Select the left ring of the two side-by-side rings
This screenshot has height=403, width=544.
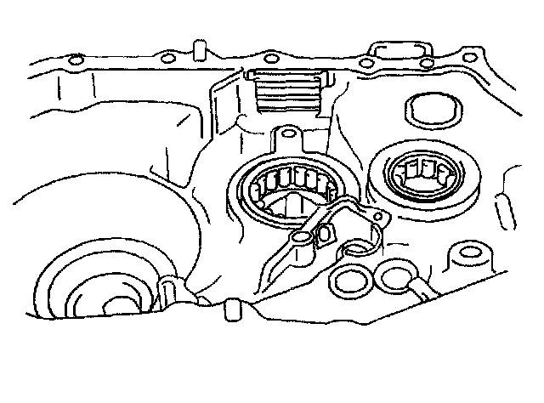click(x=349, y=278)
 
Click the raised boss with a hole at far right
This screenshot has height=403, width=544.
click(x=468, y=254)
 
